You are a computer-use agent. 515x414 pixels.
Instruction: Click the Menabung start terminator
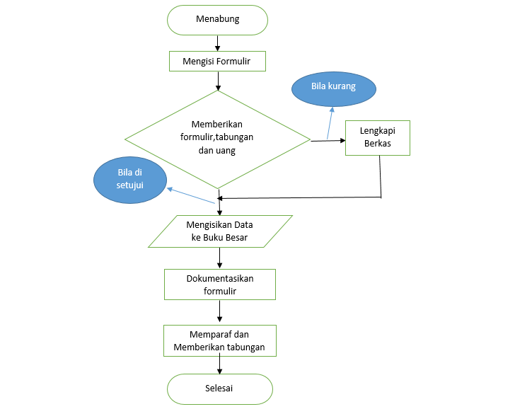pos(217,20)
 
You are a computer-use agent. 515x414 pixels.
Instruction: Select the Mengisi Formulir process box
pos(217,61)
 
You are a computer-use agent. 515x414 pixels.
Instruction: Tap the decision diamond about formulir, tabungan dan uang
pos(218,139)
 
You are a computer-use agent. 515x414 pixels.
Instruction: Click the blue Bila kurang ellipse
pos(333,87)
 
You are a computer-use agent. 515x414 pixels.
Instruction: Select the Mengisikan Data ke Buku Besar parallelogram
pos(220,231)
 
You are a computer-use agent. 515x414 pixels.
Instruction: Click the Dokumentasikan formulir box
pos(219,284)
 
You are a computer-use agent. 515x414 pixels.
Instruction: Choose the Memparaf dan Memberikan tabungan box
pos(219,341)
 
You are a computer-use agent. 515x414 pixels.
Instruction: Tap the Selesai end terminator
pos(219,389)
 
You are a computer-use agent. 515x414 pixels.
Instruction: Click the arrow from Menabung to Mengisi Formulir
pos(217,42)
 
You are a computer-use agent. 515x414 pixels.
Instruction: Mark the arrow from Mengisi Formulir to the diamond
pos(217,81)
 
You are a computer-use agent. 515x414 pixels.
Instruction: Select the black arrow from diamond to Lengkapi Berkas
pos(328,141)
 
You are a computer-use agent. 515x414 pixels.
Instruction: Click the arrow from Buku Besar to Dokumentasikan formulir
pos(220,258)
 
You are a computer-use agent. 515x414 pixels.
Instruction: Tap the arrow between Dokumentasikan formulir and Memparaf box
pos(220,312)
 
